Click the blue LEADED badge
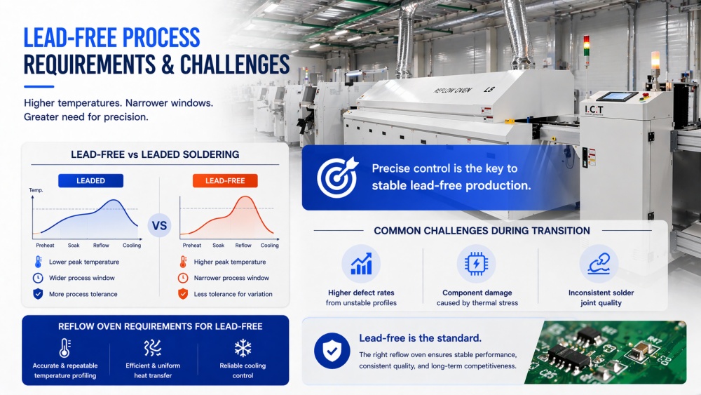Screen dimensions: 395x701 [90, 180]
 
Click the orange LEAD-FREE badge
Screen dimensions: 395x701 [225, 180]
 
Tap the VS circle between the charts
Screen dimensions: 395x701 [160, 226]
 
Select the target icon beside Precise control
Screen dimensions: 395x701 [336, 177]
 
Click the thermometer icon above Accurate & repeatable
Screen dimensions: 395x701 [64, 348]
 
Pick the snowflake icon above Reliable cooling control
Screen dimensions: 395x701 [243, 348]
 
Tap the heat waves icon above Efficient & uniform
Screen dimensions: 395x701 [152, 348]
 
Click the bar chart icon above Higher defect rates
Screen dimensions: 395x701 [361, 265]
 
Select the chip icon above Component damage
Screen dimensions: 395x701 [476, 265]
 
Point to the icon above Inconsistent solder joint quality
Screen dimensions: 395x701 [598, 265]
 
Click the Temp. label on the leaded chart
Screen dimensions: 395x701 [36, 191]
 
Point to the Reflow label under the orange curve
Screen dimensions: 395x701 [243, 246]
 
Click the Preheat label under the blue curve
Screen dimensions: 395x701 [46, 246]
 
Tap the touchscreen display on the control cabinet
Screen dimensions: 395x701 [619, 96]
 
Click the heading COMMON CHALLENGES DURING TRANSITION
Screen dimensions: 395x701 [482, 230]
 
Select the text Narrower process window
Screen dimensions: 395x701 [231, 278]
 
